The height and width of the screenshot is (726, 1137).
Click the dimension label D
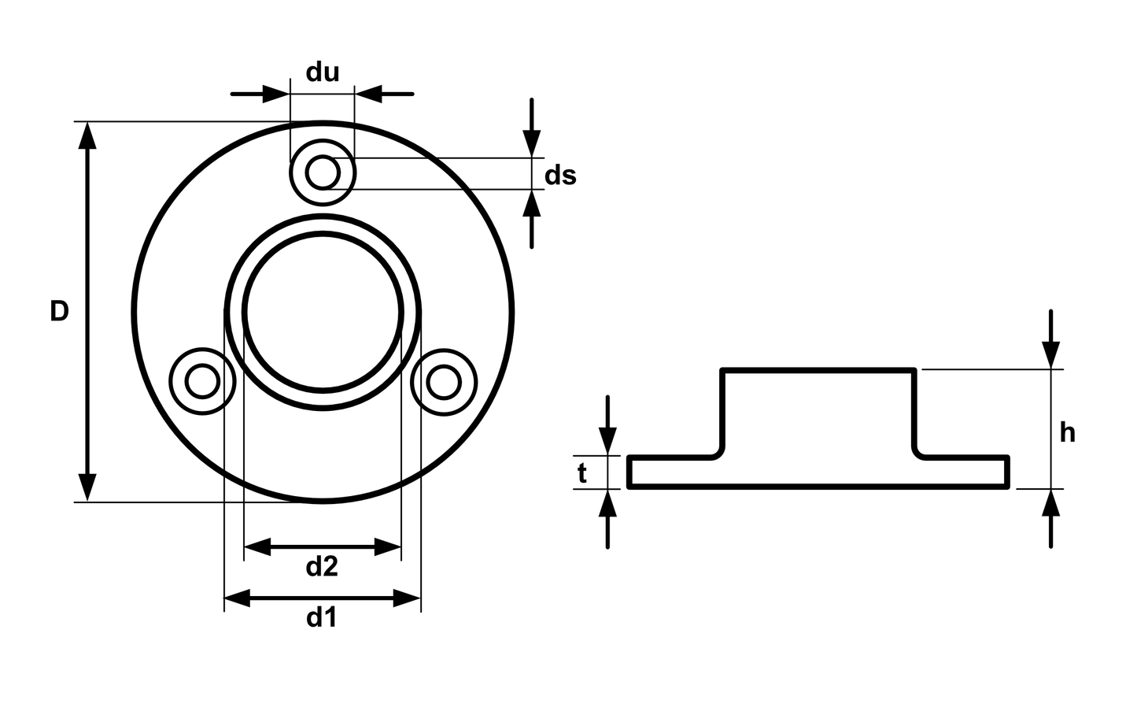tap(59, 311)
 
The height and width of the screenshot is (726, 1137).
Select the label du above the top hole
tap(323, 72)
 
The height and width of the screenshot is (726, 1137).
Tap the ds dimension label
tap(560, 175)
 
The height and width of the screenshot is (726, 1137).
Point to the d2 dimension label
tap(322, 565)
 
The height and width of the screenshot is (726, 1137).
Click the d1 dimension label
tap(322, 617)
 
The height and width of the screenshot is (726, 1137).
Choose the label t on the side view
tap(582, 473)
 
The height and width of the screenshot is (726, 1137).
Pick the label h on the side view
tap(1067, 432)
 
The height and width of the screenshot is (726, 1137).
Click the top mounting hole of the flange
tap(323, 172)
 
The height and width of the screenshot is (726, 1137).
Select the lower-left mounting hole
tap(202, 381)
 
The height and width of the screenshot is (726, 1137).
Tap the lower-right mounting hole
tap(444, 381)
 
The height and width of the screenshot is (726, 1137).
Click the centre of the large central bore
tap(323, 312)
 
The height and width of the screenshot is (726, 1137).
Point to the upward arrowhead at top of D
tap(87, 135)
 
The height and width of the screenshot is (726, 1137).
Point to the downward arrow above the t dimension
tap(607, 441)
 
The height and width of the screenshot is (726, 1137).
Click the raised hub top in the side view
tap(818, 369)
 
